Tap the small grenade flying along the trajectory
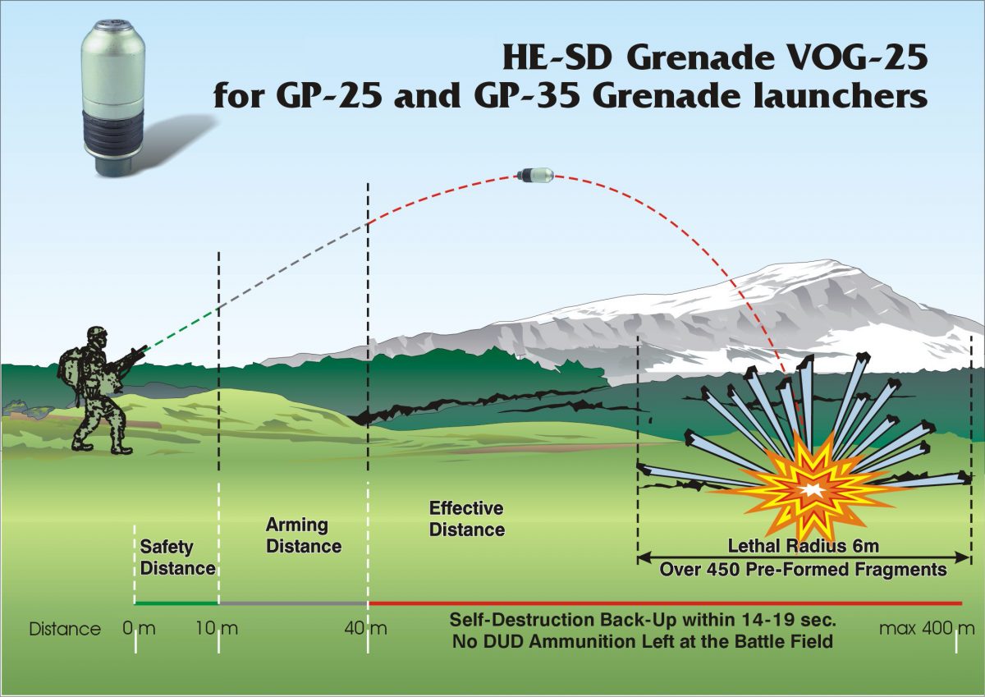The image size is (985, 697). (535, 174)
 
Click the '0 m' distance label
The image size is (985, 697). (139, 630)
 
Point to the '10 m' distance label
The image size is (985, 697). (217, 630)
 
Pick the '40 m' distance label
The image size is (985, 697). (366, 630)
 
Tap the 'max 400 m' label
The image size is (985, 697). (927, 630)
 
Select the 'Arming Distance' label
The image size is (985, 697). (303, 534)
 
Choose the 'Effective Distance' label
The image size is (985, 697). (466, 519)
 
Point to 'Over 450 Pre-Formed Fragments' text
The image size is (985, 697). (804, 569)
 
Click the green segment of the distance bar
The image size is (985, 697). (176, 603)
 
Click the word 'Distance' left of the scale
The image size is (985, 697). (65, 630)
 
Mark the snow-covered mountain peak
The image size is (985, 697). (813, 271)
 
